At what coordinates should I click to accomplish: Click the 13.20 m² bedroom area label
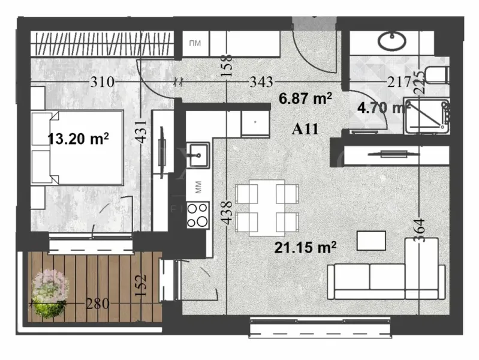click(79, 139)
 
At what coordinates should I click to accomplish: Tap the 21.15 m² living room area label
click(305, 245)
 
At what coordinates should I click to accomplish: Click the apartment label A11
click(304, 128)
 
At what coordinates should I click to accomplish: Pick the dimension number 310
click(103, 82)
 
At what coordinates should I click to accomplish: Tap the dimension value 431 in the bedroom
click(139, 128)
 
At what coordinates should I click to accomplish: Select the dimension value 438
click(226, 212)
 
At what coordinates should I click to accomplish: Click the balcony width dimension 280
click(98, 304)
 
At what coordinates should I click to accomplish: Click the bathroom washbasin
click(393, 41)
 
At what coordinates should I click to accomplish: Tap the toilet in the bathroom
click(438, 76)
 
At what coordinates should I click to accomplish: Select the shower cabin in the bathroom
click(426, 115)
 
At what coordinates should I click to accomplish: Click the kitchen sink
click(197, 155)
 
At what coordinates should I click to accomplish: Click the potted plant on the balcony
click(49, 292)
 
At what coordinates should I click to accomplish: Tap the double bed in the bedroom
click(78, 148)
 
